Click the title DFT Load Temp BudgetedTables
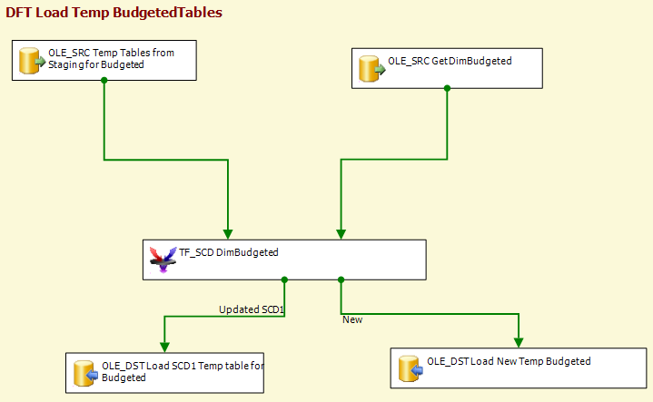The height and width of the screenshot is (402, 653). (114, 13)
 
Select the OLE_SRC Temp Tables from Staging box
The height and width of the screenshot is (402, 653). (104, 60)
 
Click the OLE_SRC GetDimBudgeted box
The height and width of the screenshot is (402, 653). (447, 68)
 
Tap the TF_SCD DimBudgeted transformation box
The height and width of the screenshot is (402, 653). (284, 260)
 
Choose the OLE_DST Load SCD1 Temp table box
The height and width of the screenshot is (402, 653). (164, 373)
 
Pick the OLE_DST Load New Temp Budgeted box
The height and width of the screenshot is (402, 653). (519, 368)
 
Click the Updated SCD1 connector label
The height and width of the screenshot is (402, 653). (252, 309)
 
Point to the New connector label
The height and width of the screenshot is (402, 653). (352, 319)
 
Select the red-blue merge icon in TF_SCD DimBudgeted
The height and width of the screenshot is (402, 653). (163, 260)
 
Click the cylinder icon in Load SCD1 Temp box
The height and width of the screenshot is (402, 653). (85, 373)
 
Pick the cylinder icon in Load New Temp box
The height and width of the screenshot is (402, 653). (411, 368)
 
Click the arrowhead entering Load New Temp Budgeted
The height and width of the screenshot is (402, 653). (519, 342)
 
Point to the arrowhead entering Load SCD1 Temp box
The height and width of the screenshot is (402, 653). (164, 347)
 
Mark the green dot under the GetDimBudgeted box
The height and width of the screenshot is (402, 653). (447, 88)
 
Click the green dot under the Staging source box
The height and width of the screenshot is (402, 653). (104, 81)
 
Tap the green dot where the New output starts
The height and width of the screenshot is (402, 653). (341, 280)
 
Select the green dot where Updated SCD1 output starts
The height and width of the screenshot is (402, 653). (284, 280)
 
